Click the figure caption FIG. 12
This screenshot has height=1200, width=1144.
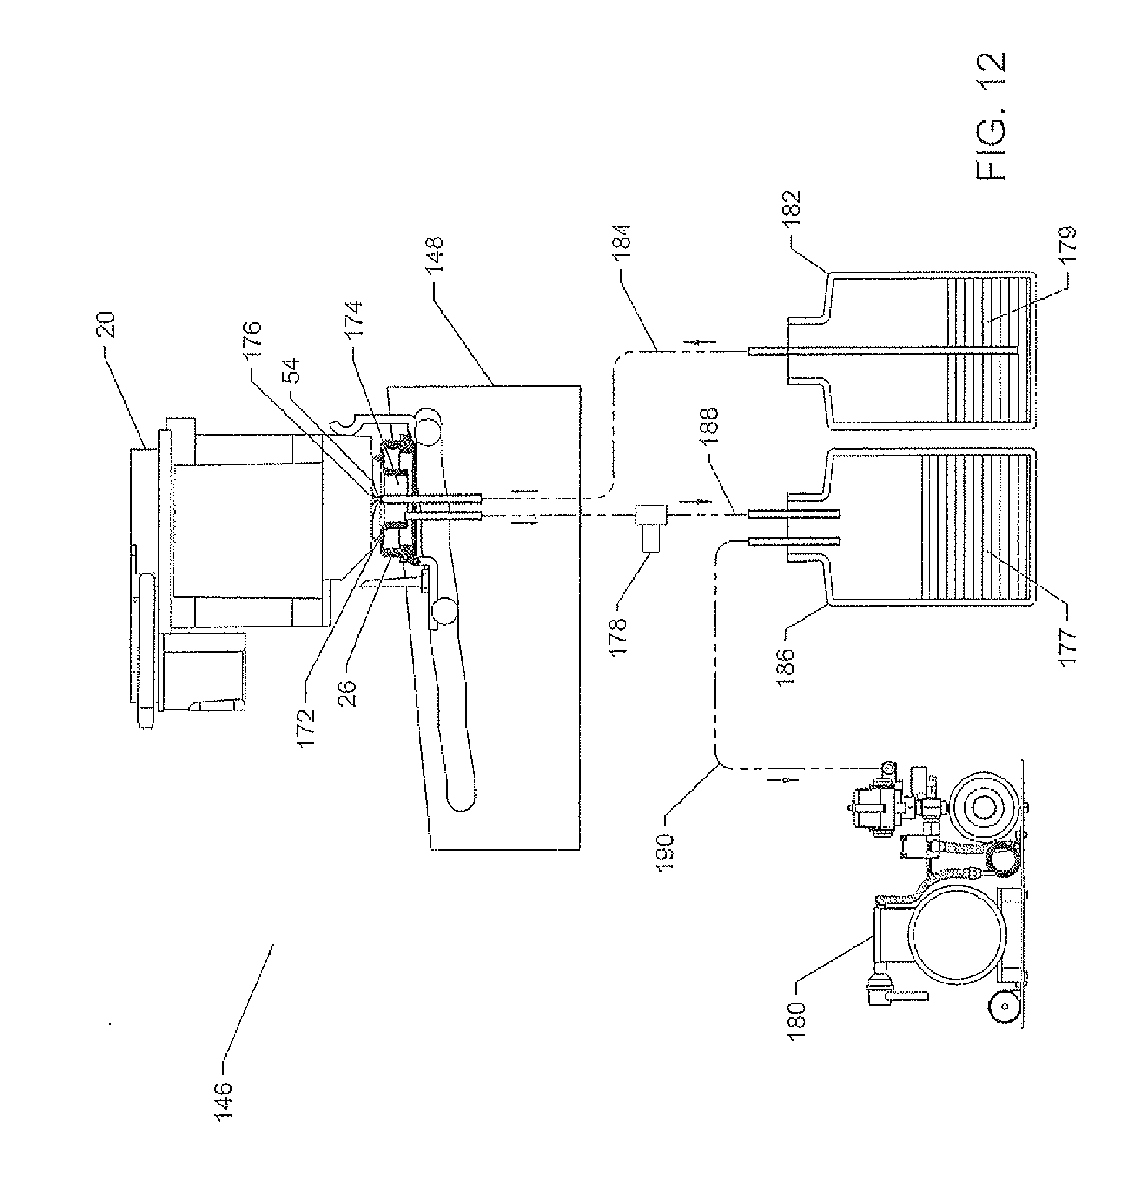pyautogui.click(x=990, y=116)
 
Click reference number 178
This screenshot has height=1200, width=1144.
pyautogui.click(x=618, y=636)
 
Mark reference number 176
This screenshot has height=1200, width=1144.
pyautogui.click(x=252, y=342)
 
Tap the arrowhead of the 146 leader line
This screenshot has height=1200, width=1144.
pyautogui.click(x=273, y=944)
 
